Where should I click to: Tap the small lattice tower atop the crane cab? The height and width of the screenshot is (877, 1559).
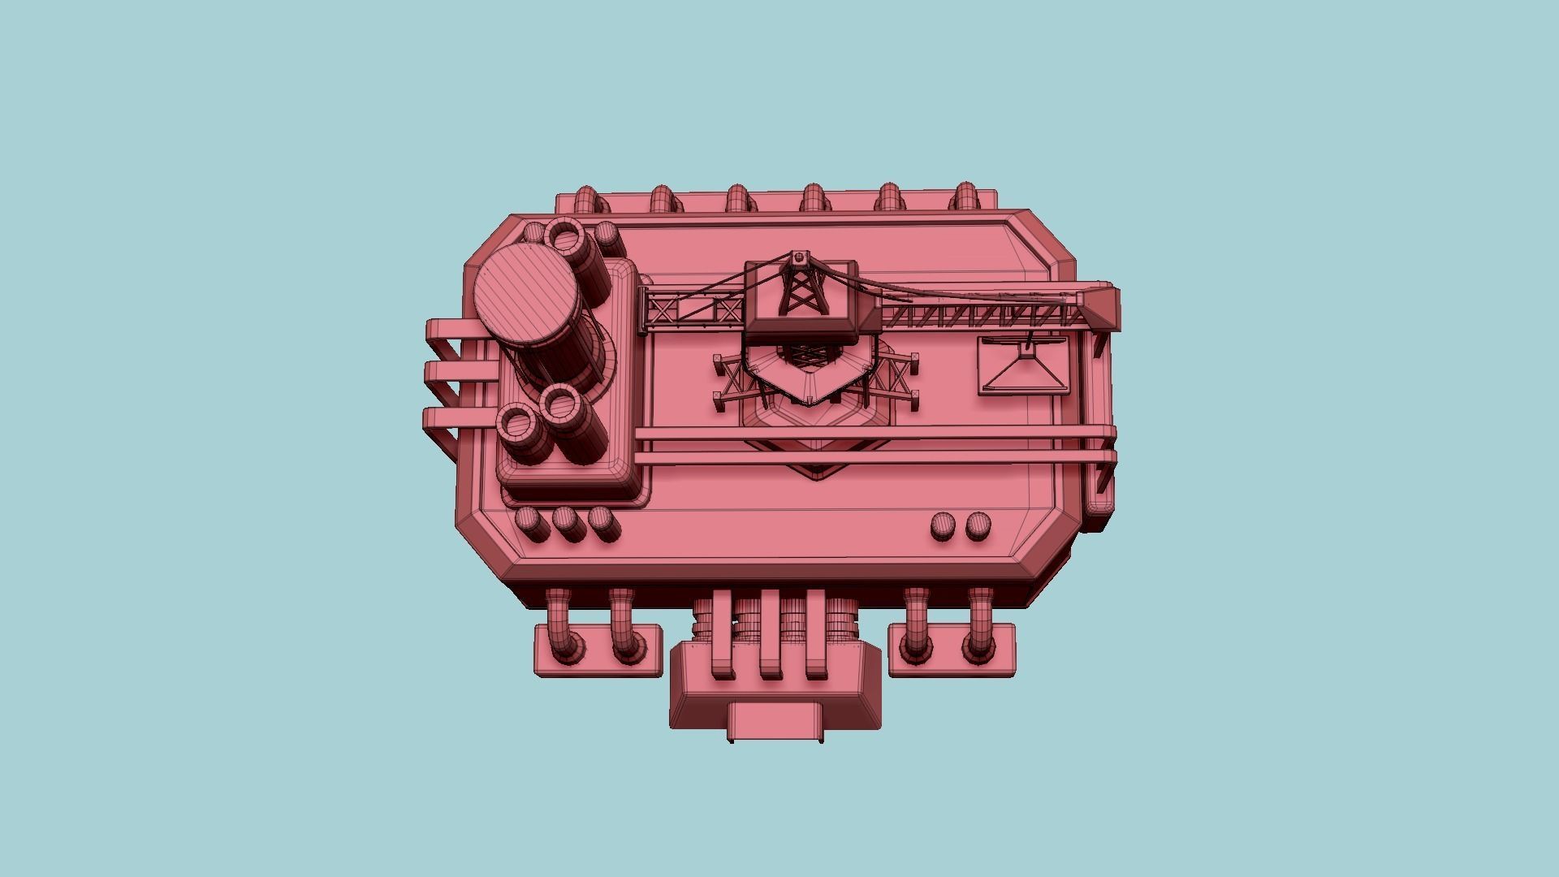click(800, 288)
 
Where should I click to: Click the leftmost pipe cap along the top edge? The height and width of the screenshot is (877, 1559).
click(585, 200)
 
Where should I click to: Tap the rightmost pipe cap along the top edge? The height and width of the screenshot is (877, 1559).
click(965, 197)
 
